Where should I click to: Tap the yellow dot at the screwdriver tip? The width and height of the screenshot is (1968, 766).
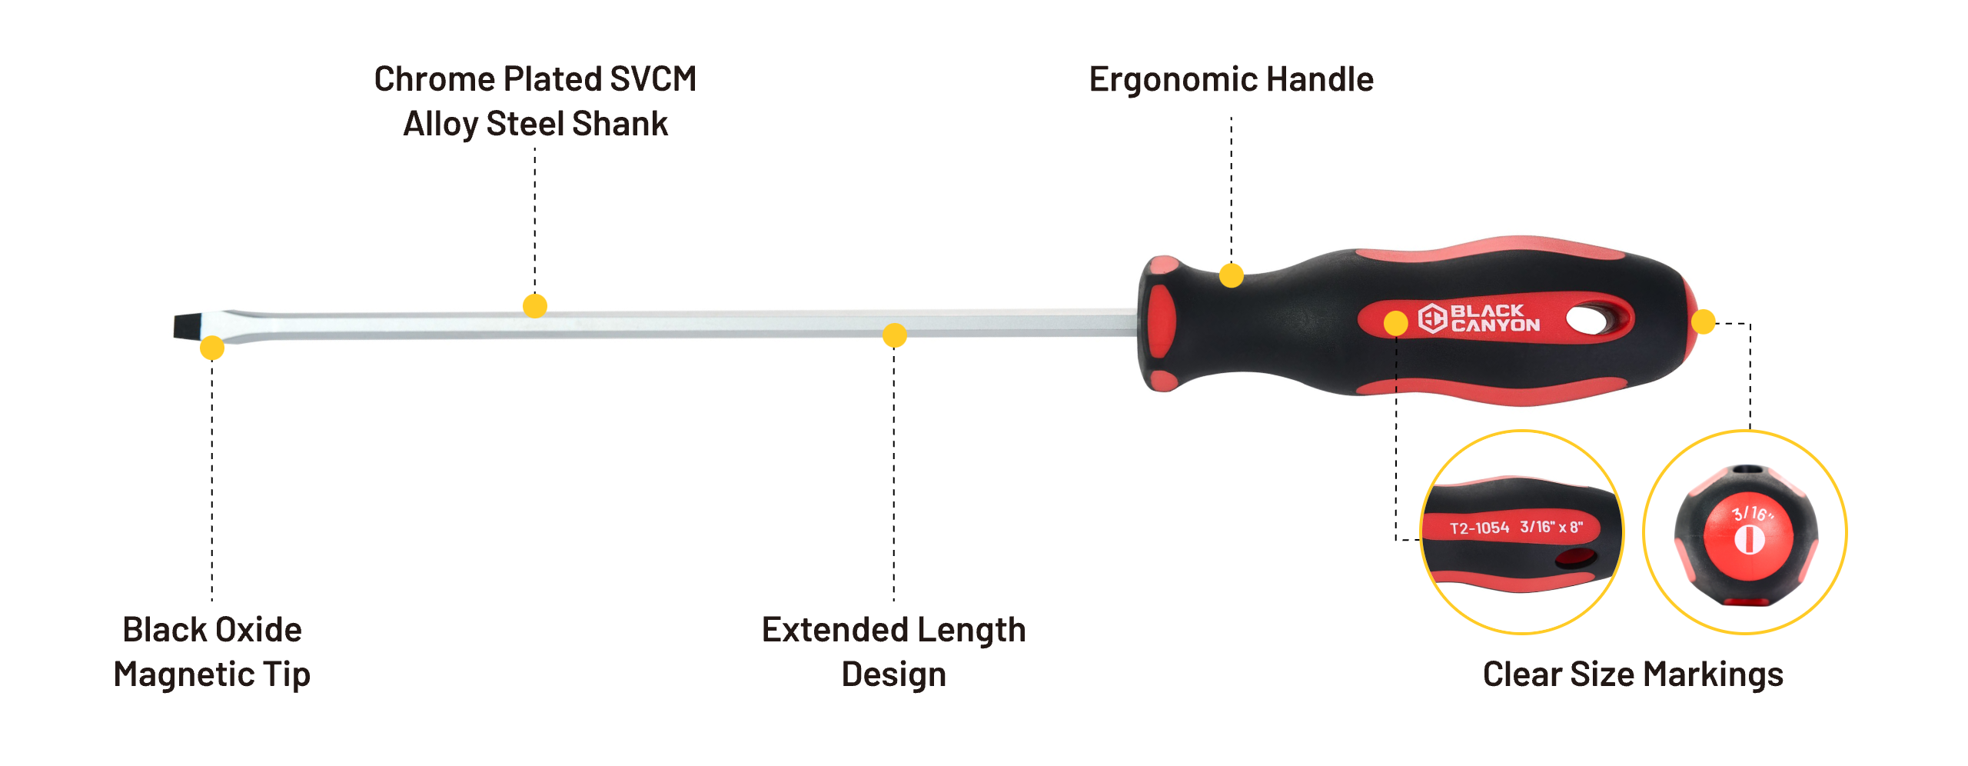(212, 348)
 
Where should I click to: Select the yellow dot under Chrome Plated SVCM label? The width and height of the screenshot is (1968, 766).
(535, 306)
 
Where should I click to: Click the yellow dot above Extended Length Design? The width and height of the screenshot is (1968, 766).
(894, 335)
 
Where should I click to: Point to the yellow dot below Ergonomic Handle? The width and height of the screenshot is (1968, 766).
(1232, 275)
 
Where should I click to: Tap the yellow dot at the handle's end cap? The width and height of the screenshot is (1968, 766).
(1704, 321)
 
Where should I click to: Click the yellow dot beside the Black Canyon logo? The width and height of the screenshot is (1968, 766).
(1396, 323)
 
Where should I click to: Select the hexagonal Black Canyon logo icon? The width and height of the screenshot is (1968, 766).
(1432, 318)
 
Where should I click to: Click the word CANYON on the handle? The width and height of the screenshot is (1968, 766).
(1495, 326)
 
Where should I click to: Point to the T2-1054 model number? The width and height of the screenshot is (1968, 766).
(1479, 528)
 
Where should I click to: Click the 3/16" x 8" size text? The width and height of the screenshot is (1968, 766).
(1551, 527)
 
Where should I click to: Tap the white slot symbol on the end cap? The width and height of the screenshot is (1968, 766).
(1750, 540)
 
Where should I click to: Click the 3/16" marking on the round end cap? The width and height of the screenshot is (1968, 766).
(1752, 514)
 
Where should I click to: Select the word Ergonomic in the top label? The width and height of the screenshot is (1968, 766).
(1173, 80)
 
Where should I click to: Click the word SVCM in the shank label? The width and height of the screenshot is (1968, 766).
(653, 80)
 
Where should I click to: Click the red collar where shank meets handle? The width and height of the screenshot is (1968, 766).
(1159, 323)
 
